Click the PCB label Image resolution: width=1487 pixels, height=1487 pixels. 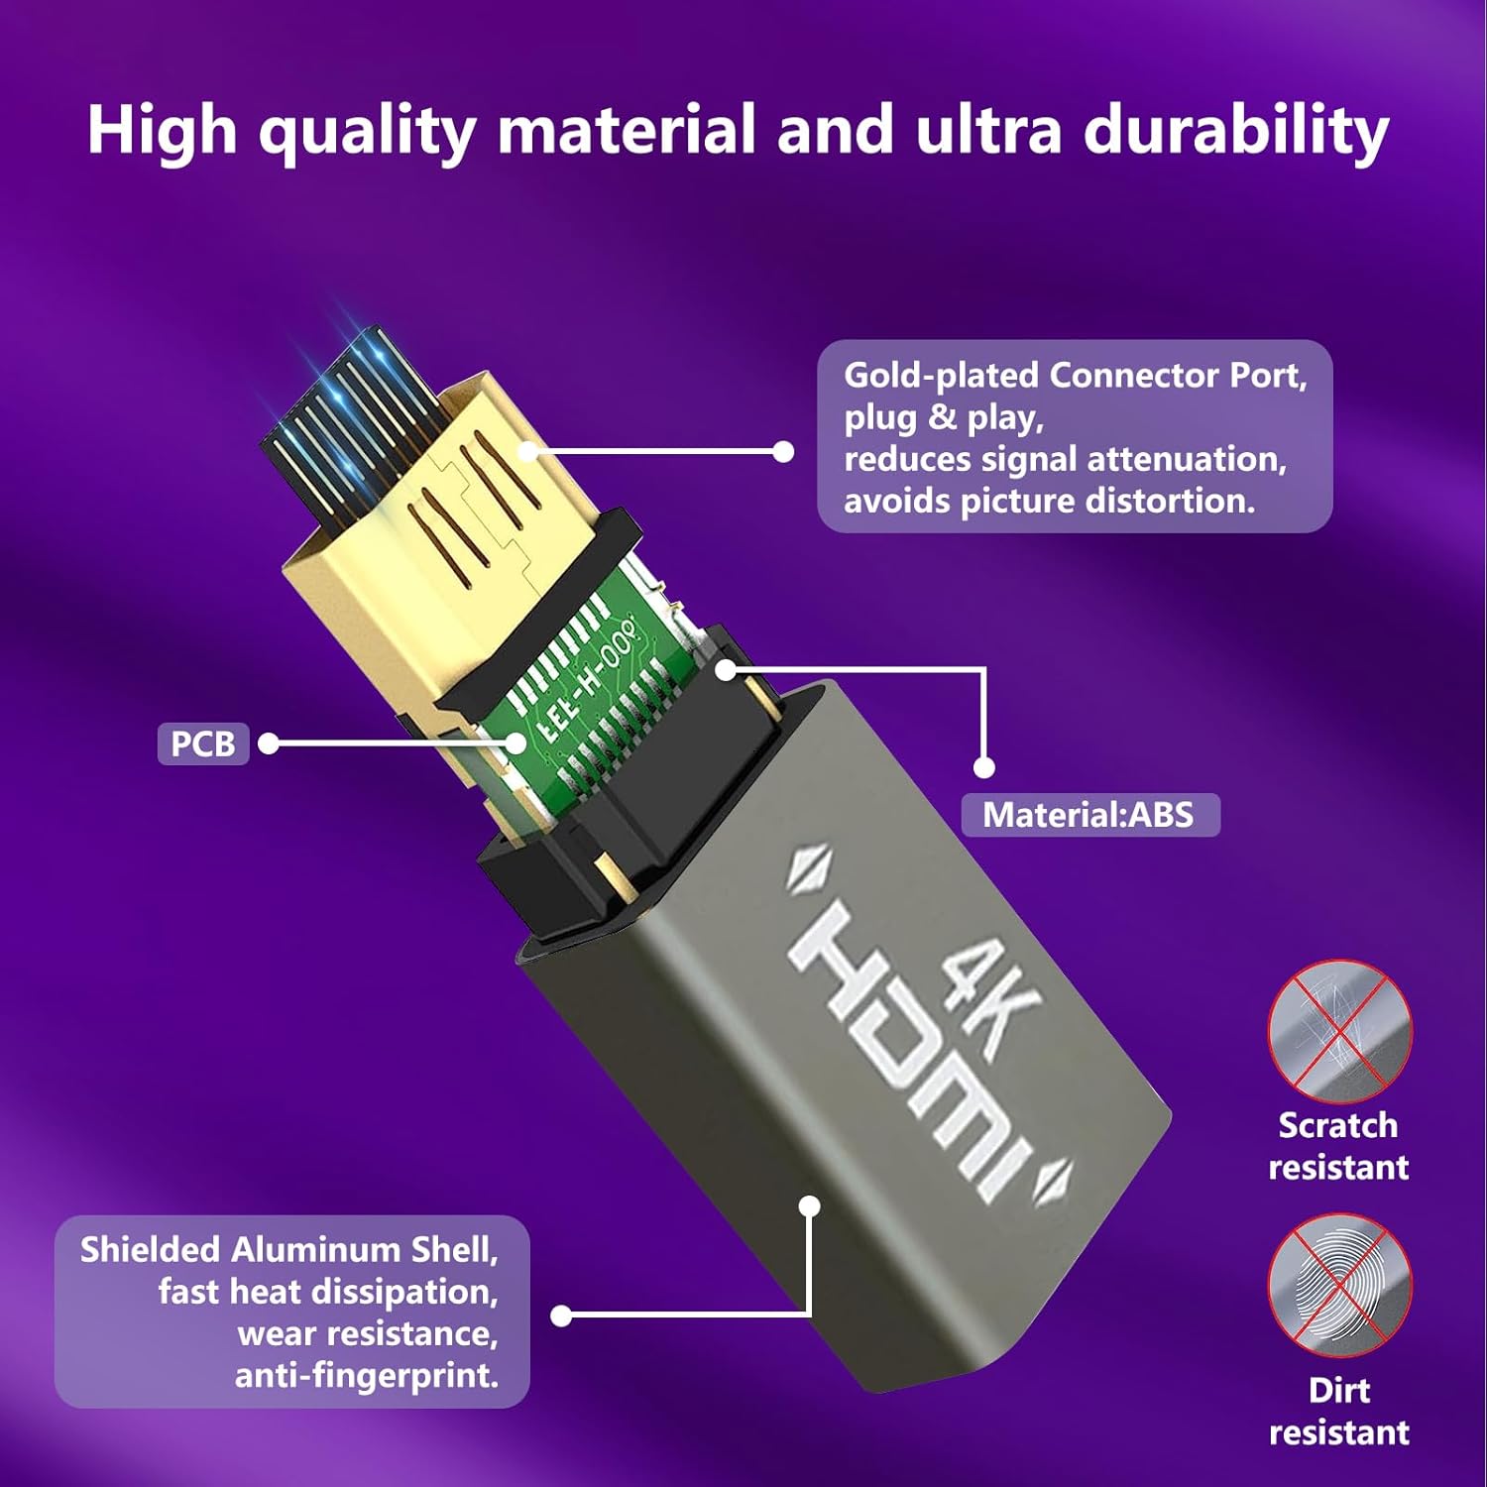[x=203, y=743]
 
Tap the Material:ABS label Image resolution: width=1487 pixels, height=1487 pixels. [x=1089, y=815]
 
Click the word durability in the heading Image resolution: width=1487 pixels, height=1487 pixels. [x=1236, y=131]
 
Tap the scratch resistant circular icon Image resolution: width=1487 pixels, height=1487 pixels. [x=1339, y=1031]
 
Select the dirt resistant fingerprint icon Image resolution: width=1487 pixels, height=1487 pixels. [x=1339, y=1285]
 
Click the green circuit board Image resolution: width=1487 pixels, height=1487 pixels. [x=585, y=694]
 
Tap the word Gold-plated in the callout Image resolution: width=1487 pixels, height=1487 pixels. [x=942, y=376]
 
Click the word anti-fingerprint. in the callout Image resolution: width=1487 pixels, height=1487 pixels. [x=367, y=1375]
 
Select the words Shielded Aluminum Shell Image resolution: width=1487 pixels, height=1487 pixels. [x=288, y=1249]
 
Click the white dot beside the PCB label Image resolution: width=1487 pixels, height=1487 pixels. [x=268, y=743]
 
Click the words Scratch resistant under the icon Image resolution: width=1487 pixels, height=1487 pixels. [x=1339, y=1146]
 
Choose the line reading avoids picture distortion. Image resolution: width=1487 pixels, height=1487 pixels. [x=1050, y=501]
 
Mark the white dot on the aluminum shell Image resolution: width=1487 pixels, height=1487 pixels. [x=810, y=1205]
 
